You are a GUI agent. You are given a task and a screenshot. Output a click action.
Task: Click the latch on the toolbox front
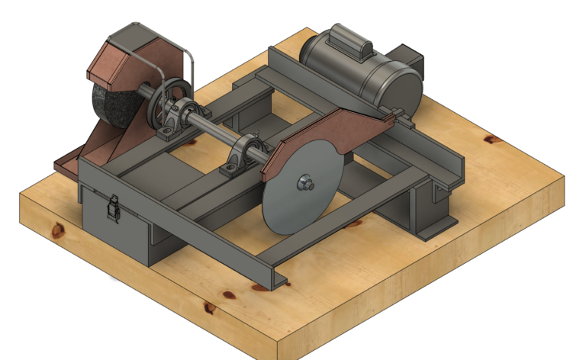tap(112, 206)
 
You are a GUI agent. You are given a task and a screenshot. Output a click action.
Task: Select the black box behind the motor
tap(412, 58)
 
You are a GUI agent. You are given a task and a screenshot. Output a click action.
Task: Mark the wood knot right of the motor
tap(490, 140)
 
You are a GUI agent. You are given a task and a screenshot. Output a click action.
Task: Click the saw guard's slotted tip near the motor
tap(397, 115)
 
